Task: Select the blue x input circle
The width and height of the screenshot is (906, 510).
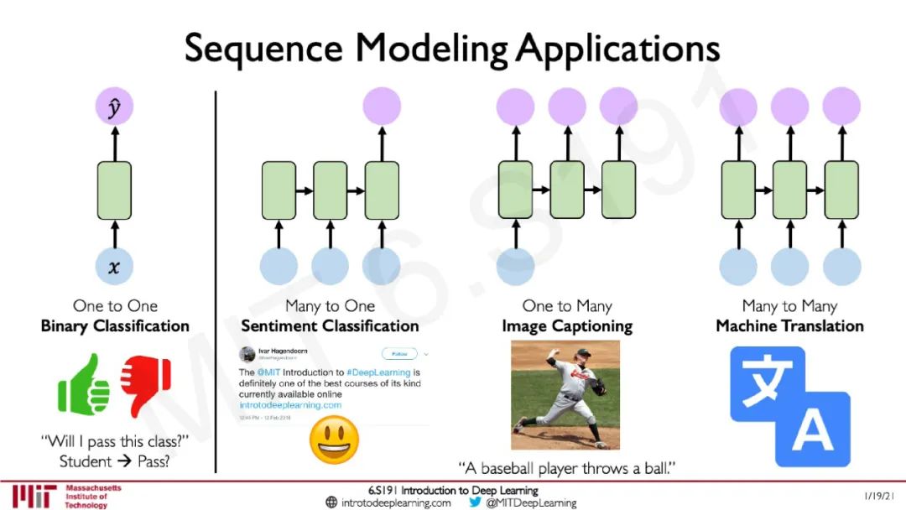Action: coord(114,267)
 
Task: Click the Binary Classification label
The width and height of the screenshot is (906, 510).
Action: coord(115,325)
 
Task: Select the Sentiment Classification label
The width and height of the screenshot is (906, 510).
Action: coord(330,325)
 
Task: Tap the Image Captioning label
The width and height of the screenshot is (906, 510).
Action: coord(567,325)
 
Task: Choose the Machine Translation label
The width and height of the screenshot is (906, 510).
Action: coord(789,325)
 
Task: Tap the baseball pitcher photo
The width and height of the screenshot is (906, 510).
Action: coord(565,394)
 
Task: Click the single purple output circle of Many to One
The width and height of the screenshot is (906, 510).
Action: coord(382,108)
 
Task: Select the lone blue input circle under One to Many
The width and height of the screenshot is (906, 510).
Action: coord(516,267)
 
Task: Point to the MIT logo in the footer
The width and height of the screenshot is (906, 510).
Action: coord(31,496)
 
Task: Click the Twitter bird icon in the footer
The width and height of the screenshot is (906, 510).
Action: coord(475,502)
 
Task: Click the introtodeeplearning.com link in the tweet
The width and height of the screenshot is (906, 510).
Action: coord(290,404)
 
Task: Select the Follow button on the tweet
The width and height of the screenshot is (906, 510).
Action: coord(399,354)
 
